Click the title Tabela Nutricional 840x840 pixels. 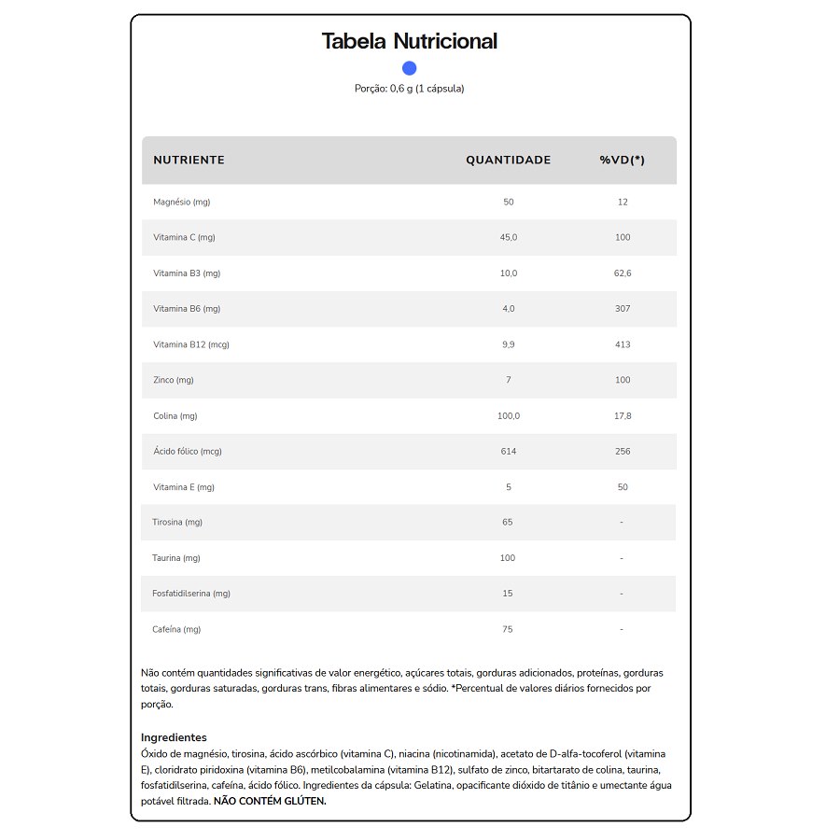(409, 41)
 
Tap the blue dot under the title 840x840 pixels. (409, 68)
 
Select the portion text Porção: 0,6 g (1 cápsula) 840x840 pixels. (409, 89)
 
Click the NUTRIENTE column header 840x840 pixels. (189, 160)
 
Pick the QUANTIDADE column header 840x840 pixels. (508, 160)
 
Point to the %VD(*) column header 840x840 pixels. (622, 160)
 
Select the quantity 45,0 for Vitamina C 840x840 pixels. (508, 237)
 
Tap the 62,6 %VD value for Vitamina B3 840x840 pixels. (623, 273)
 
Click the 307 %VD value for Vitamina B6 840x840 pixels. (623, 309)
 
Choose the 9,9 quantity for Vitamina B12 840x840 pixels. (508, 344)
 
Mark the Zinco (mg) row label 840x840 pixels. (174, 380)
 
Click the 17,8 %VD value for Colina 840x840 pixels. (623, 416)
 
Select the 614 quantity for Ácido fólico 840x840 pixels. (508, 452)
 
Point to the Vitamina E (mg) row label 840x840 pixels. (184, 487)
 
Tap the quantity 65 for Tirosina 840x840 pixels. (508, 522)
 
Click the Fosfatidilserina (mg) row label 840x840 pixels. (191, 594)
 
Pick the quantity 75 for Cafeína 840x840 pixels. (508, 629)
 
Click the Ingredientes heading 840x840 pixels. (174, 737)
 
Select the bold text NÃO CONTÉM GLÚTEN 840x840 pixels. (270, 801)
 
